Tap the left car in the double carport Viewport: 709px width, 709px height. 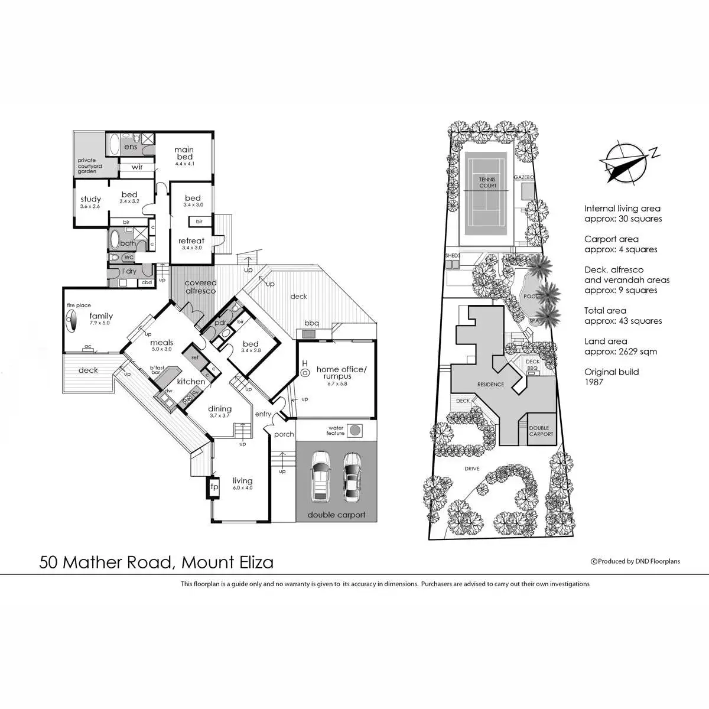point(320,475)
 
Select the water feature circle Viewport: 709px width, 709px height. point(354,430)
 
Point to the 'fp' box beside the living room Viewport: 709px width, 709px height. point(214,487)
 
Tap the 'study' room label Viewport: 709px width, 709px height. point(90,200)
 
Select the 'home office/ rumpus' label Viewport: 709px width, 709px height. point(342,373)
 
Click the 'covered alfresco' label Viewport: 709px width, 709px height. point(201,287)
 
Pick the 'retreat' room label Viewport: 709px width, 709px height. point(191,240)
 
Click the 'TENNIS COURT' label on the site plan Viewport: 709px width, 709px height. point(488,182)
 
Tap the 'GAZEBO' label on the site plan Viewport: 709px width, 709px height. point(524,177)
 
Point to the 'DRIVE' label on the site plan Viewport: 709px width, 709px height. point(471,469)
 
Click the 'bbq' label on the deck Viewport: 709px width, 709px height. point(311,323)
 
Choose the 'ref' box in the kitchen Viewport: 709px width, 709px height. point(194,357)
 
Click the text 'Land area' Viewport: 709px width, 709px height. point(606,341)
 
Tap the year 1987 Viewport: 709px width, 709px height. point(594,382)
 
